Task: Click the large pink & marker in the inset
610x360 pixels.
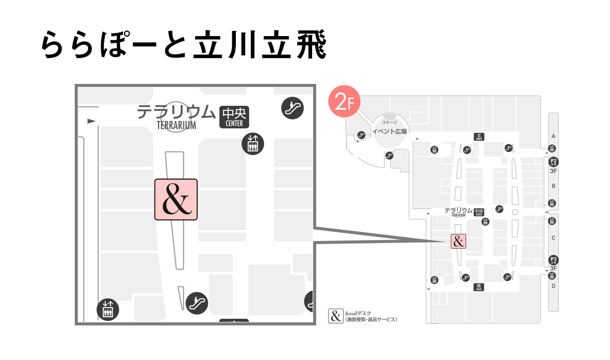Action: [176, 199]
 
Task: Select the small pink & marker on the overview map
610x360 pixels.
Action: [459, 241]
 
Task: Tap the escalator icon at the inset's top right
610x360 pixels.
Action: [292, 108]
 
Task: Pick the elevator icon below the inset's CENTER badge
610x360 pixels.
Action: [252, 143]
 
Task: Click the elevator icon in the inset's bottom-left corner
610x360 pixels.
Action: [108, 309]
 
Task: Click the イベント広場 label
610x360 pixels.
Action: [389, 132]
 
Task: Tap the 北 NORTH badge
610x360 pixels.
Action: [478, 136]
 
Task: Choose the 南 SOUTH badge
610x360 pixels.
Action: [478, 287]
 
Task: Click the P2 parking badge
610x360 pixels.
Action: [554, 162]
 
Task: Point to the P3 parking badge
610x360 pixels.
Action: [554, 259]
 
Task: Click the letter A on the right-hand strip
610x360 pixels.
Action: [554, 136]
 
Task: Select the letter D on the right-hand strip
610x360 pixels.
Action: [554, 286]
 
